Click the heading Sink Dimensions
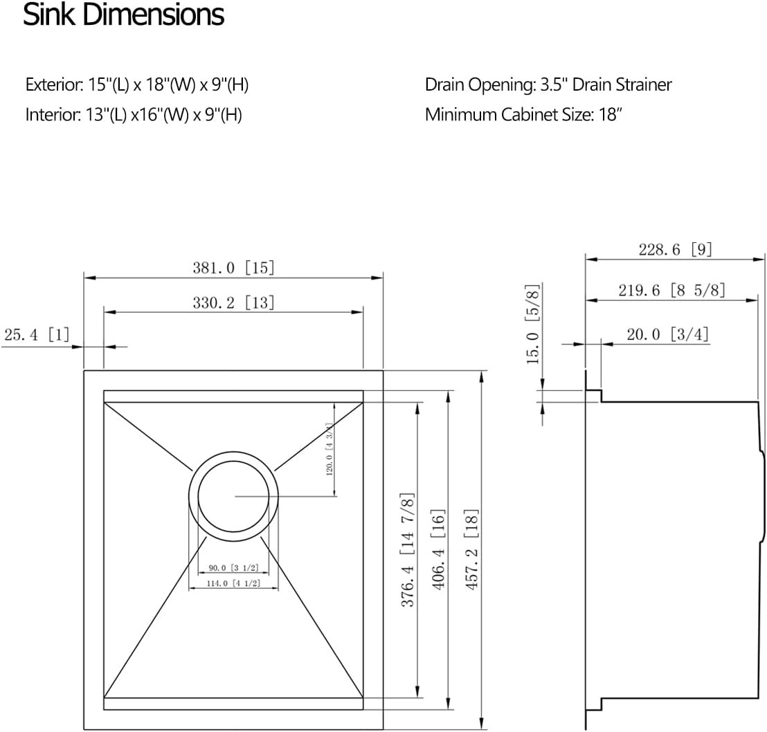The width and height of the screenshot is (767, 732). point(123,15)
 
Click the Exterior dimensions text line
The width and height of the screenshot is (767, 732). point(136,85)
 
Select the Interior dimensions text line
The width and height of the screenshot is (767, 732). point(133,114)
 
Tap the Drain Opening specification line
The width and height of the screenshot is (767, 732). point(548,85)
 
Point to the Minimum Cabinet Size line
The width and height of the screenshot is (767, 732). point(524,114)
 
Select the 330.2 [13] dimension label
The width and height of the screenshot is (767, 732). point(233,302)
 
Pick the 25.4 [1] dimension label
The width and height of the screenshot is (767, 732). point(37,336)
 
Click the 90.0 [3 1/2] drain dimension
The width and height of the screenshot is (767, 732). point(233,569)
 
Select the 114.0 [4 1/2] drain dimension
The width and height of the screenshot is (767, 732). point(233,583)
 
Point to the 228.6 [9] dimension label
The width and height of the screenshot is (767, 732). point(675,250)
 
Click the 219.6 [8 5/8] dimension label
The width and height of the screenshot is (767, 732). point(671,291)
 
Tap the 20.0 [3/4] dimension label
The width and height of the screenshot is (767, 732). point(667,335)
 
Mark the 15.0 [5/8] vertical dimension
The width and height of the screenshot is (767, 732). point(532,324)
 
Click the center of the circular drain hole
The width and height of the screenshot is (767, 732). point(233,496)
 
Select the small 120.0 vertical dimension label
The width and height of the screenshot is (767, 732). point(330,448)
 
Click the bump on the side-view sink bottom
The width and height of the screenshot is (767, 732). point(761,495)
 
